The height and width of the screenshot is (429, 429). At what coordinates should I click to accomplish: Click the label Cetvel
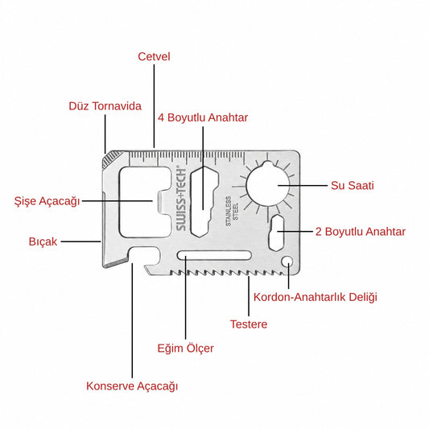click(154, 56)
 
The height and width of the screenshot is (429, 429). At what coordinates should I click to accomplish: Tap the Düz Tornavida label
click(105, 106)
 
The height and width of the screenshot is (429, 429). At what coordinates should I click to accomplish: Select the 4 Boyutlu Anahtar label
click(203, 118)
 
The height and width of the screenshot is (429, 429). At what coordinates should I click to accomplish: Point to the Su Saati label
click(352, 185)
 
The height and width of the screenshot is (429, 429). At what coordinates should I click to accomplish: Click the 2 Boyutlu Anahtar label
click(361, 232)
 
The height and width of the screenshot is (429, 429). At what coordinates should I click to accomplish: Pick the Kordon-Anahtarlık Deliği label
click(316, 297)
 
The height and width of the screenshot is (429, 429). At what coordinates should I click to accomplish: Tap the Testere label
click(249, 324)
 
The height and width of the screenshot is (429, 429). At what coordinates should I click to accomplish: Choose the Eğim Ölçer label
click(185, 349)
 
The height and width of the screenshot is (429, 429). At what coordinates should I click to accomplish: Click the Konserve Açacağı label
click(132, 386)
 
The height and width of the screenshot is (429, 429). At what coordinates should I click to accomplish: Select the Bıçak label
click(43, 241)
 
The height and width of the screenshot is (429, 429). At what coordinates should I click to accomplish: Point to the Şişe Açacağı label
click(47, 201)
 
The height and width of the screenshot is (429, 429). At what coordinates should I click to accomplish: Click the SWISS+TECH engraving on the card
click(181, 198)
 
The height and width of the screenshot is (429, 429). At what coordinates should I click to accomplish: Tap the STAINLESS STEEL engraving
click(232, 211)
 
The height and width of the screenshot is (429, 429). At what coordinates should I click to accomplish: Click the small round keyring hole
click(287, 261)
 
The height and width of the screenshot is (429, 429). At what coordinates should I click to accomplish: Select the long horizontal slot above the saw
click(214, 255)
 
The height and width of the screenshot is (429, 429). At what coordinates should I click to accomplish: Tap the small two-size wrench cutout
click(277, 233)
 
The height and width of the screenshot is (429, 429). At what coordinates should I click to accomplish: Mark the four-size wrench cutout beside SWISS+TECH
click(204, 202)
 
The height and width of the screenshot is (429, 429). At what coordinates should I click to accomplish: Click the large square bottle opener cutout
click(145, 202)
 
